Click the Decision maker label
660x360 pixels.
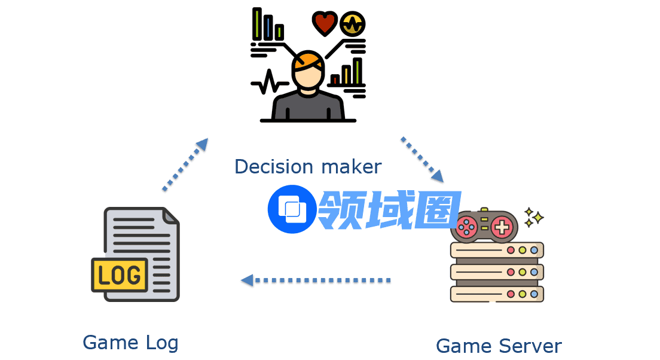[x=307, y=166]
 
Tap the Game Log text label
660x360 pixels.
[x=130, y=343]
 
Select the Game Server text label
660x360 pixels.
[x=499, y=346]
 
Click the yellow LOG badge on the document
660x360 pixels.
[x=120, y=275]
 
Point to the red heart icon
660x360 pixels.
[x=325, y=23]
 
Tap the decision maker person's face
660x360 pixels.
[x=308, y=78]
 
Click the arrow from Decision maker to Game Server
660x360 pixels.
[x=422, y=159]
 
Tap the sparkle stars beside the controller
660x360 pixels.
[x=533, y=217]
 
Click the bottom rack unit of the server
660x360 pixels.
[x=497, y=294]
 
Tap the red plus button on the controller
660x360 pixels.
[x=503, y=227]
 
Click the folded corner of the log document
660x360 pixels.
[x=170, y=216]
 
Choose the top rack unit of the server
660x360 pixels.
[x=497, y=250]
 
